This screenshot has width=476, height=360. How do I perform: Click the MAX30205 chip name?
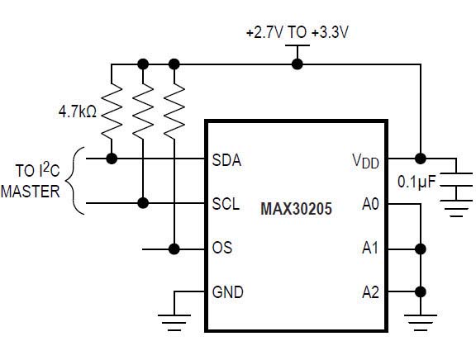point(296,209)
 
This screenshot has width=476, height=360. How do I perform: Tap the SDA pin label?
point(226,160)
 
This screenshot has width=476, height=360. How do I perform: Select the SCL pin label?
point(226,204)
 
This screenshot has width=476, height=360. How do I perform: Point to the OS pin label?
point(222,248)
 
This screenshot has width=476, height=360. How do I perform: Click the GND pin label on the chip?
point(228,292)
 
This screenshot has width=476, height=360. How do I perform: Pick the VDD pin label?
point(365,161)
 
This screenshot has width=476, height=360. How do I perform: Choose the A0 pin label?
point(370,204)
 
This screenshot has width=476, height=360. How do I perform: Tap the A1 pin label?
point(370,248)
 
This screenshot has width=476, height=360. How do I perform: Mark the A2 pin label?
point(370,292)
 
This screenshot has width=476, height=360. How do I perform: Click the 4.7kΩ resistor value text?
point(78,111)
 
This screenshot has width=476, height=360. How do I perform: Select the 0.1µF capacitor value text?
point(416,182)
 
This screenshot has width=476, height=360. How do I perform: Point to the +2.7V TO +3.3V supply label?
point(297,32)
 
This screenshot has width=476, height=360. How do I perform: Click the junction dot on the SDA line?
point(112,159)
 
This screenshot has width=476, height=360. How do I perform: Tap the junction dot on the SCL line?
point(143,203)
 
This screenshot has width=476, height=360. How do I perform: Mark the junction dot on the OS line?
point(174,249)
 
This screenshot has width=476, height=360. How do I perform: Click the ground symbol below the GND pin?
point(174,322)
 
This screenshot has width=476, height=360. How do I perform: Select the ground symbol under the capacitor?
point(456,208)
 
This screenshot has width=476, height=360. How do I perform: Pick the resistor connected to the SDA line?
point(112,111)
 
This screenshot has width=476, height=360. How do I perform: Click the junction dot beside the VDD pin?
point(421,159)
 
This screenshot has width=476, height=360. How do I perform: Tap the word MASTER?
point(31,192)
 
